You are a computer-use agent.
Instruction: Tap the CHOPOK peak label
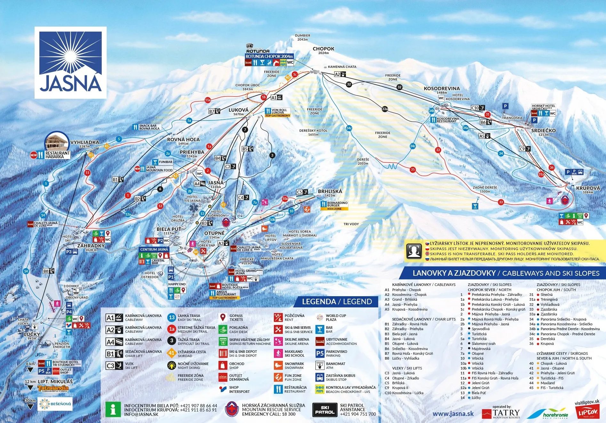coord(323,49)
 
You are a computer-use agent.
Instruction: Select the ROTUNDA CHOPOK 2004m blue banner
coord(269,56)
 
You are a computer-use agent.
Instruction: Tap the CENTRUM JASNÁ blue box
coord(154,249)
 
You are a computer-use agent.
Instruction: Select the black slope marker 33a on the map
coord(385,109)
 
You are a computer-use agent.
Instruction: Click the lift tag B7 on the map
coord(214,111)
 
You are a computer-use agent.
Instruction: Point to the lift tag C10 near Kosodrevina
coord(478,108)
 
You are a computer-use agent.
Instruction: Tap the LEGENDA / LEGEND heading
coord(337,302)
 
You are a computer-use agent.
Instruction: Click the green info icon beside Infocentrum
coord(113,410)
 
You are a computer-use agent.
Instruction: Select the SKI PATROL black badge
coord(324,410)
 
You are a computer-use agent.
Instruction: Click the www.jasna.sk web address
coord(453,414)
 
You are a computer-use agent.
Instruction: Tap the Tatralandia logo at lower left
coord(53,388)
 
